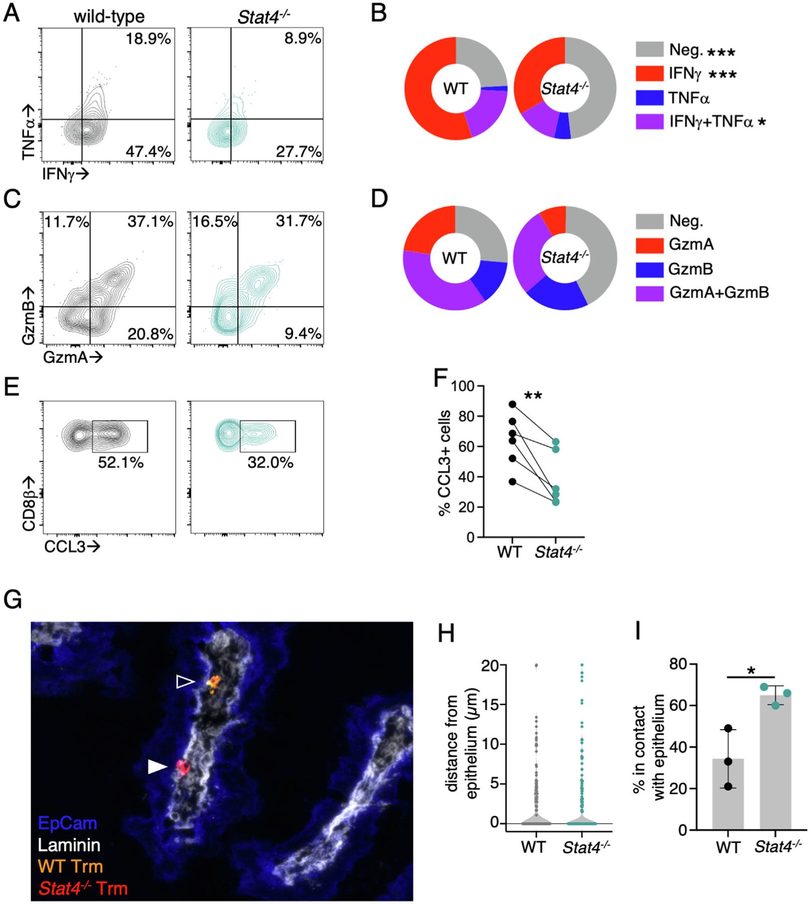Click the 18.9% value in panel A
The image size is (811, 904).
coord(148,39)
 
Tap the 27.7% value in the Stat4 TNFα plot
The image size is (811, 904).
coord(298,151)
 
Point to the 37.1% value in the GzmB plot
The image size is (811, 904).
coord(150,221)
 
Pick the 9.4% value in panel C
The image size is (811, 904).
coord(303,333)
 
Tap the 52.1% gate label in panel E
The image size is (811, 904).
coord(121,462)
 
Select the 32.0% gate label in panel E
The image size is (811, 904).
coord(270,462)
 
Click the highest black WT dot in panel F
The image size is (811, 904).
coord(512,404)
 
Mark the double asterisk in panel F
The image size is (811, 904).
coord(533,396)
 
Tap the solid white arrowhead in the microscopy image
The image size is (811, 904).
coord(157,766)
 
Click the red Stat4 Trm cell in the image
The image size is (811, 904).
coord(182,768)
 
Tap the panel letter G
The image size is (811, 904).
coord(13,599)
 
